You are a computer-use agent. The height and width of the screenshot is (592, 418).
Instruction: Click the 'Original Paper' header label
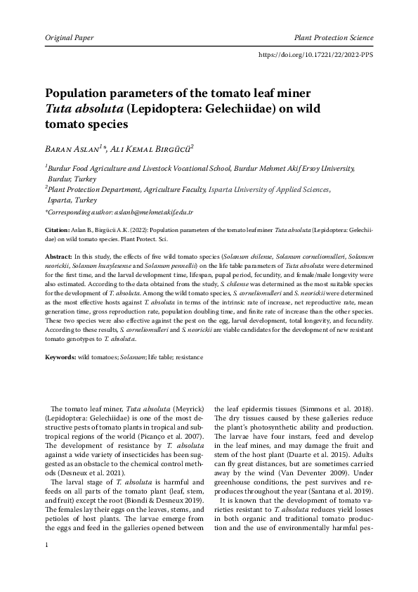(69, 37)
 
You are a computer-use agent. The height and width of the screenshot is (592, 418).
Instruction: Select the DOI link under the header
(316, 53)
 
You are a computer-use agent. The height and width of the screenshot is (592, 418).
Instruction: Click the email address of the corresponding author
(154, 212)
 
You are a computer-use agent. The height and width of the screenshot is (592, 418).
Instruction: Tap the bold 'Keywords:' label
(60, 357)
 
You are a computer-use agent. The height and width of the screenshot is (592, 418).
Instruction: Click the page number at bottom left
(46, 566)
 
